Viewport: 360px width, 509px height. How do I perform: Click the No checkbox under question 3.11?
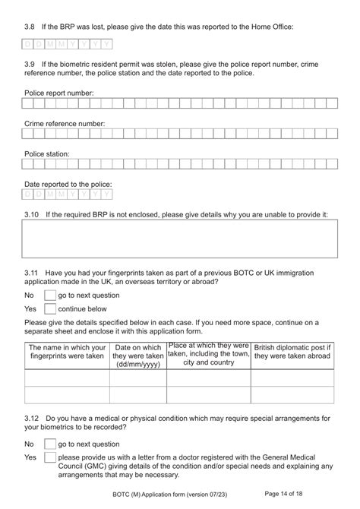(50, 295)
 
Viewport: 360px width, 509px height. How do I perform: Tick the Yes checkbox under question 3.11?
(50, 309)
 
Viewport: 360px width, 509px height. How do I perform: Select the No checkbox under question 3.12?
(50, 444)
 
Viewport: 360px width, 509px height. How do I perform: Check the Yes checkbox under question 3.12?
(50, 458)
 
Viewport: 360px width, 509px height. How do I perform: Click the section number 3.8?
(30, 27)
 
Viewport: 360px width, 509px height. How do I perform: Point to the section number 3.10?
(31, 214)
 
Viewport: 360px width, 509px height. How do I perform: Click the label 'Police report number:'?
(58, 93)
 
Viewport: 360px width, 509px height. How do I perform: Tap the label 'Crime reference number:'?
(64, 123)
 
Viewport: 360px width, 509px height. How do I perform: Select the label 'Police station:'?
(47, 153)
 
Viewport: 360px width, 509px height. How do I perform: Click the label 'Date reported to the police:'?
(68, 184)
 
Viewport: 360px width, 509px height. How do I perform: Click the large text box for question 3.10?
(179, 239)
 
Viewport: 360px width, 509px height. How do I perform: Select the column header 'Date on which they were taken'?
(137, 355)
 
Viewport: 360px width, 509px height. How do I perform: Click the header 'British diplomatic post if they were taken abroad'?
(292, 350)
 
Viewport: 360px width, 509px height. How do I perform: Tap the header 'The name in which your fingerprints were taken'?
(67, 350)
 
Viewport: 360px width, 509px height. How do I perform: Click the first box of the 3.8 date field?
(28, 44)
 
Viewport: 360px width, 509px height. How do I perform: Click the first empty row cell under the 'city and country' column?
(208, 378)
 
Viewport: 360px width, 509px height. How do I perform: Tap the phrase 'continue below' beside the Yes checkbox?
(82, 309)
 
